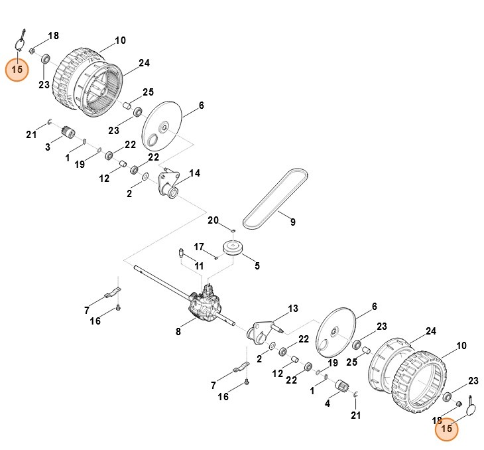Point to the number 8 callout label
click(x=178, y=332)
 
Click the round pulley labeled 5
click(x=233, y=251)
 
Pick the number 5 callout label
click(x=257, y=267)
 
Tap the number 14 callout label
click(x=195, y=173)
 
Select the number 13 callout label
click(x=293, y=309)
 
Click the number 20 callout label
click(x=213, y=220)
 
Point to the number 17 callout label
click(x=199, y=247)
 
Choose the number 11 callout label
click(x=199, y=266)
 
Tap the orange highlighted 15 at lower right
click(x=447, y=429)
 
